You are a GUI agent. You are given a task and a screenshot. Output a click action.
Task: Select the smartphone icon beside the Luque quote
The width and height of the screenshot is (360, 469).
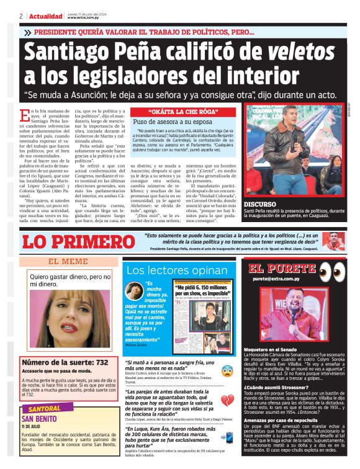[228, 437]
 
